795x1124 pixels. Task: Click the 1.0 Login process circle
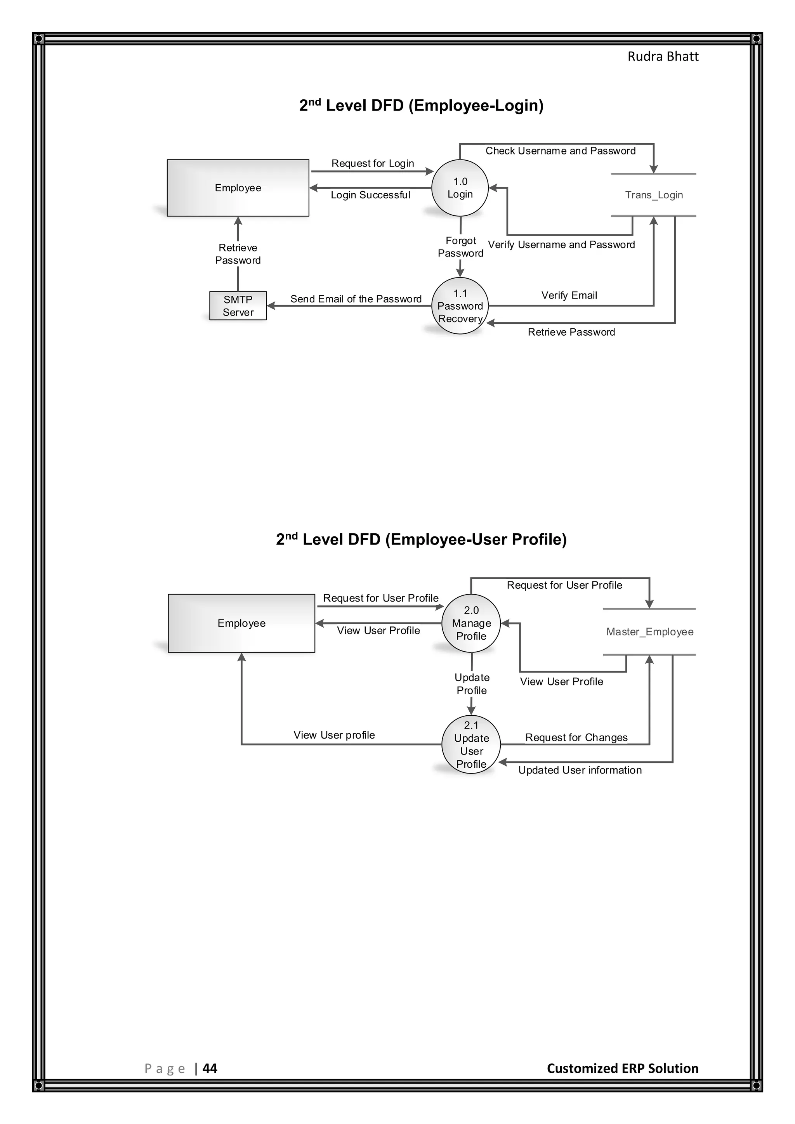[x=460, y=188]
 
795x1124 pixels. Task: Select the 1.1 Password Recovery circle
[x=460, y=306]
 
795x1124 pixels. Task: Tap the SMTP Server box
[x=238, y=306]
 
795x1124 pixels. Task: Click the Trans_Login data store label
[x=654, y=195]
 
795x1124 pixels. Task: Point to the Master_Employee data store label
[x=649, y=631]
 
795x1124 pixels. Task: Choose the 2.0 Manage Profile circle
[x=471, y=623]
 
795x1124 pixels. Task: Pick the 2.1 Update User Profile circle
[x=471, y=744]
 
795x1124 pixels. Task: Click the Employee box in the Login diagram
[x=238, y=188]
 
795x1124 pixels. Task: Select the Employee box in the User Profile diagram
[x=241, y=623]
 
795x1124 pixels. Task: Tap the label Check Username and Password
[x=560, y=151]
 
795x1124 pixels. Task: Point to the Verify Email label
[x=569, y=295]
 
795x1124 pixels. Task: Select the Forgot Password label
[x=460, y=247]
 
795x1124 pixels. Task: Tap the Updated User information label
[x=580, y=770]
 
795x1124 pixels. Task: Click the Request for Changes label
[x=576, y=737]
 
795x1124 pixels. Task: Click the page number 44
[x=210, y=1068]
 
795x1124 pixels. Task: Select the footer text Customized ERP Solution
[x=622, y=1068]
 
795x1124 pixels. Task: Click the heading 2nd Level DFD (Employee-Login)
[x=421, y=105]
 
